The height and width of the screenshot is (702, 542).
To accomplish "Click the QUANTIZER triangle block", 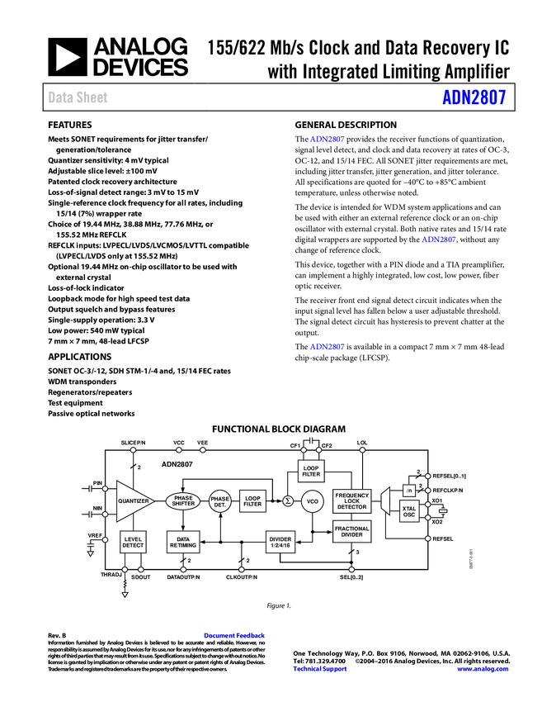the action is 132,501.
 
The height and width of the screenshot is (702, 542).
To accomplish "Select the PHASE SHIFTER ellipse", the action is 183,501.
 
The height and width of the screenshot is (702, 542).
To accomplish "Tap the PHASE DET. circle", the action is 220,501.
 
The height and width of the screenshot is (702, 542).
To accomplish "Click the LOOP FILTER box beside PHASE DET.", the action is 252,501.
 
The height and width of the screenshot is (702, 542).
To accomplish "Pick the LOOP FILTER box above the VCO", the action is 311,472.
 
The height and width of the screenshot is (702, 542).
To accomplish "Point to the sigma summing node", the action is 288,501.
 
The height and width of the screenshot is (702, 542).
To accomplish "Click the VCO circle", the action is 313,501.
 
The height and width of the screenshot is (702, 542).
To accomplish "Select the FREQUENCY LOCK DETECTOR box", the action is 352,501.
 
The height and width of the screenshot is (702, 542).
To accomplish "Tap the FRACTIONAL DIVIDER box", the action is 352,532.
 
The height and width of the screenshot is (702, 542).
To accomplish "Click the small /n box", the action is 409,491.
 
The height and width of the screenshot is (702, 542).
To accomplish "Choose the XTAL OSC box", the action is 409,511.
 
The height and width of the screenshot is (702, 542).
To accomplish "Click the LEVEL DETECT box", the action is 134,543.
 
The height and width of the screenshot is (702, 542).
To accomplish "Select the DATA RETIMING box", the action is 183,543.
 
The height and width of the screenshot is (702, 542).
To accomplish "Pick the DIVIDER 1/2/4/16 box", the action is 280,543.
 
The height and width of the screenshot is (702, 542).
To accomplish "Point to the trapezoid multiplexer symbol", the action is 385,501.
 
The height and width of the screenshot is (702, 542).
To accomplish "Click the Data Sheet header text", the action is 78,97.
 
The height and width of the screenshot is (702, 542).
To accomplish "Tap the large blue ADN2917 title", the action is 474,97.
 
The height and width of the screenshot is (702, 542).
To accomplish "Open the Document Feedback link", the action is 235,636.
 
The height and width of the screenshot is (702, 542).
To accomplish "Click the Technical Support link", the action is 320,670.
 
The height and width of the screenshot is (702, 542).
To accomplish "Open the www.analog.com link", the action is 483,670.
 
